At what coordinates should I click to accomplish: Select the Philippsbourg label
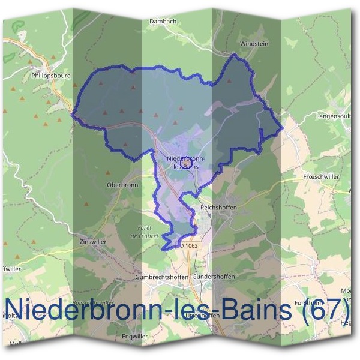[51, 77]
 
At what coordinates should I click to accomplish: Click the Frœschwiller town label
[322, 178]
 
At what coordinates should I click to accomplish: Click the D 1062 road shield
[188, 245]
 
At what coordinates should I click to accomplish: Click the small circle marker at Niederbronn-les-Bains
[186, 162]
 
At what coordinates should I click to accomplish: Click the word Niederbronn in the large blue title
[87, 309]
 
